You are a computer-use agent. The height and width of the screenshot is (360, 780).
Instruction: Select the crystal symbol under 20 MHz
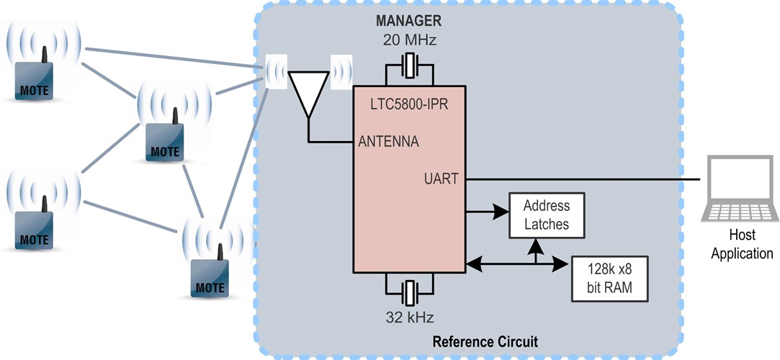click(x=410, y=70)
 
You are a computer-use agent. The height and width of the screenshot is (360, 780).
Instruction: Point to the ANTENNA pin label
click(x=388, y=141)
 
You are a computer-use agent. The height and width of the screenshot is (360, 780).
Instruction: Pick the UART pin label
click(x=441, y=179)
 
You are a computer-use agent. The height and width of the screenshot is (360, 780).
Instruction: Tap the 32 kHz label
click(x=410, y=315)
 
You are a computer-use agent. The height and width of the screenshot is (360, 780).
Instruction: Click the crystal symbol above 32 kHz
click(x=410, y=292)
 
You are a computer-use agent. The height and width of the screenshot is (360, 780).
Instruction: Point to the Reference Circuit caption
click(x=485, y=341)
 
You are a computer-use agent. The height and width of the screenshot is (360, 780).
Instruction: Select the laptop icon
click(x=741, y=189)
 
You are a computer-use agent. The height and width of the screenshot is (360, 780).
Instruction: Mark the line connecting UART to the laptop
click(x=583, y=178)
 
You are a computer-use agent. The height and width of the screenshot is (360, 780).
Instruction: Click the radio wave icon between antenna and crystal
click(x=341, y=71)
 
